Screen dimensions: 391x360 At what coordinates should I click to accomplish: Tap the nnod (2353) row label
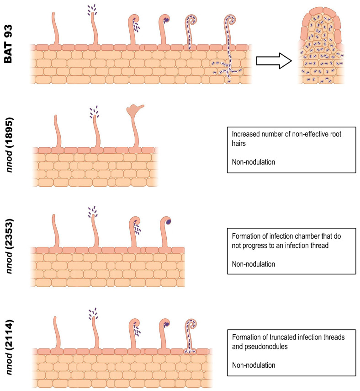pos(11,247)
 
